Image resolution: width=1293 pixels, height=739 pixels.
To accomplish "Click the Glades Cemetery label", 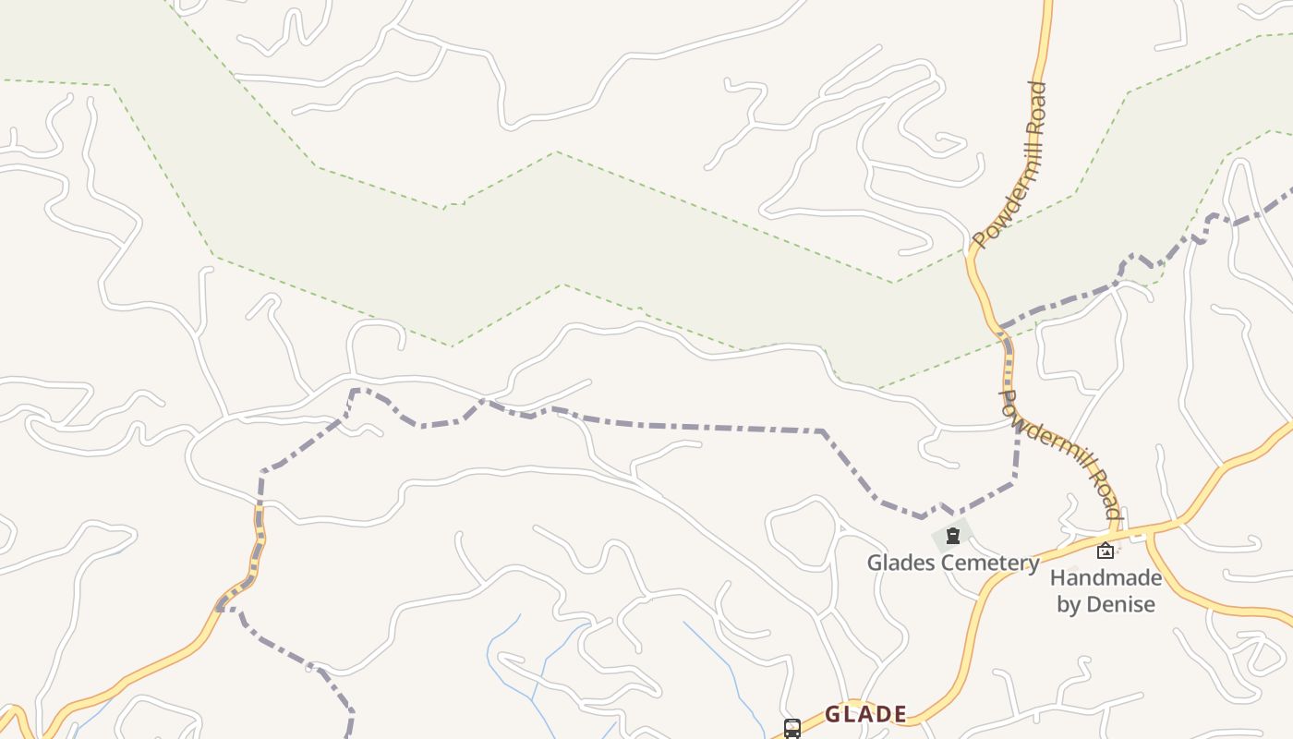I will click(x=953, y=563).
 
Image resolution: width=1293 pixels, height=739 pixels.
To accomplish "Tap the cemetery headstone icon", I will click(x=953, y=536).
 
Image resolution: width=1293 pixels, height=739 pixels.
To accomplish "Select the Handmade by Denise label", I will click(x=1106, y=591).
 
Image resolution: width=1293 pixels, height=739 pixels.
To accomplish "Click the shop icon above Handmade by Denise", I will click(x=1106, y=551).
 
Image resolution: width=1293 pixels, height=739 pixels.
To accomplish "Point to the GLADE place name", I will click(x=865, y=714).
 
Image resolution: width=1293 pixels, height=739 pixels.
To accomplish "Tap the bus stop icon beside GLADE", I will click(x=792, y=728).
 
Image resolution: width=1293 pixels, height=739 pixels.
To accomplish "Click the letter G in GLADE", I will click(x=833, y=714).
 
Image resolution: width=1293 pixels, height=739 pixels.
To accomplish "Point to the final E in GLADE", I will click(x=899, y=714).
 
